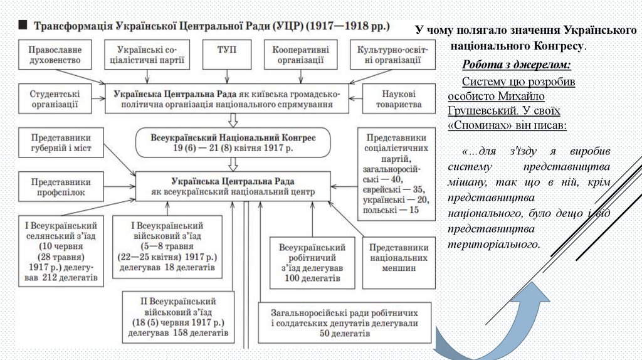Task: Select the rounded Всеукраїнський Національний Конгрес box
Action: pyautogui.click(x=233, y=143)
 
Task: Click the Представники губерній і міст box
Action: pyautogui.click(x=61, y=142)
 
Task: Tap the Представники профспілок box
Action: pyautogui.click(x=61, y=186)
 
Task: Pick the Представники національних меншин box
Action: pyautogui.click(x=399, y=257)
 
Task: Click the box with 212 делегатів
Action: pyautogui.click(x=61, y=251)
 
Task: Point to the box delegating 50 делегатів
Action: pyautogui.click(x=345, y=322)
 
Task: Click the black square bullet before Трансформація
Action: pyautogui.click(x=22, y=26)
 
